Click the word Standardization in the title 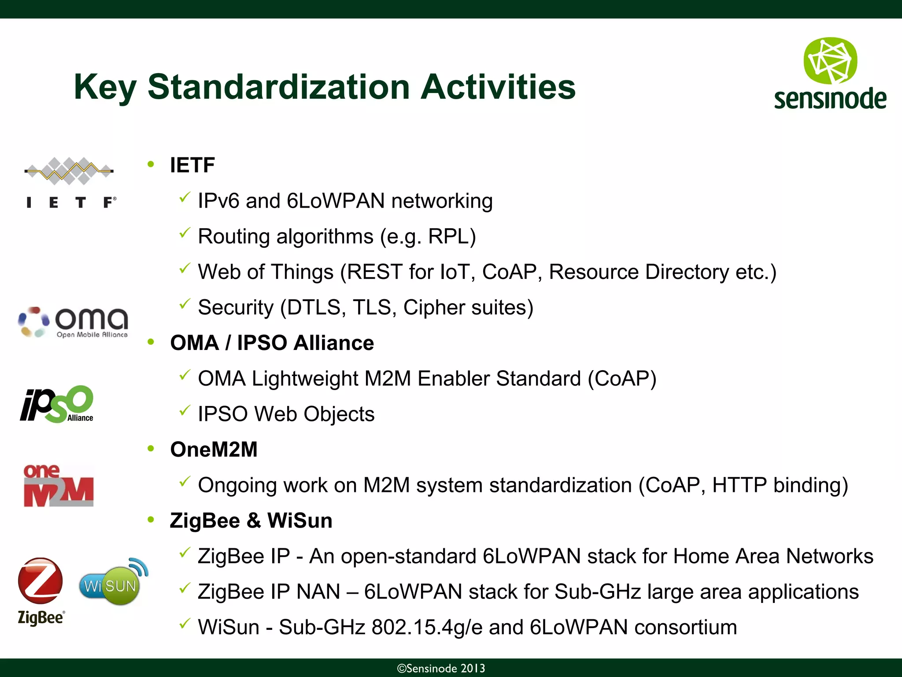pos(278,87)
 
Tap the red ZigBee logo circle pos(41,581)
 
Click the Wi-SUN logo pos(113,583)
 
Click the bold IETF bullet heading pos(192,165)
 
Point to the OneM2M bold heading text pos(214,450)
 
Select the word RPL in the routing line pos(448,237)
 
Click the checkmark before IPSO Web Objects pos(185,411)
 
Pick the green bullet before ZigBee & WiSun pos(151,520)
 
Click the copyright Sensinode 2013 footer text pos(441,668)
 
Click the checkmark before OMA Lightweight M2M pos(185,375)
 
